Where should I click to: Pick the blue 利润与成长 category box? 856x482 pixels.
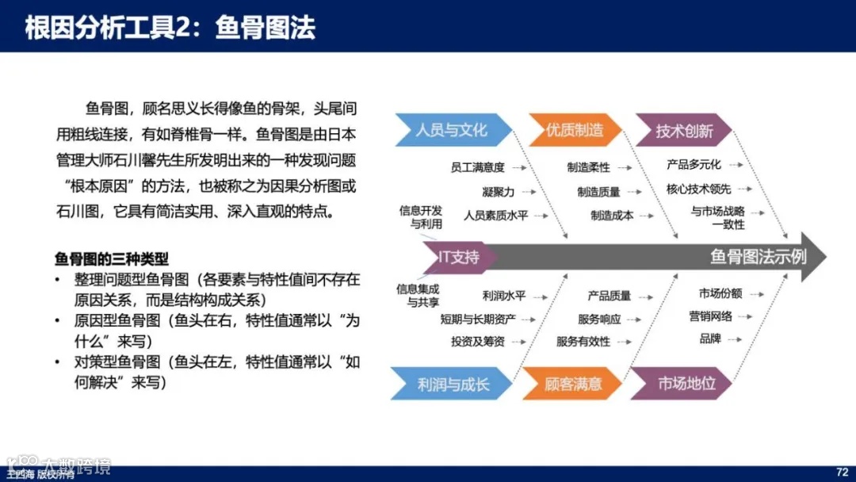click(453, 384)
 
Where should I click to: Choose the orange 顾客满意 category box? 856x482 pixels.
click(572, 384)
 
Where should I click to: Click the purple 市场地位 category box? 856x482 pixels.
click(686, 384)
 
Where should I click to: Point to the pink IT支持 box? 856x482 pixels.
click(460, 257)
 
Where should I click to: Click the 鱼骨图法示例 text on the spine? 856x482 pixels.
click(758, 257)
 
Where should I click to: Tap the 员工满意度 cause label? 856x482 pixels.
click(477, 167)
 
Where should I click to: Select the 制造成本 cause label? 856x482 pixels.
click(612, 215)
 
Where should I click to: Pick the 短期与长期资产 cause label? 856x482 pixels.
click(479, 319)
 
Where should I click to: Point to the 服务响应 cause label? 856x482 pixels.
click(599, 319)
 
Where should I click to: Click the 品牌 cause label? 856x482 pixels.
click(709, 339)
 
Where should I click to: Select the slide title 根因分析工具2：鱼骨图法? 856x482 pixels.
click(170, 28)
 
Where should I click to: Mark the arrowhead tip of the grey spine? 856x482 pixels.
click(825, 257)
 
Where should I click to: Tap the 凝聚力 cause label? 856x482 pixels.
click(498, 191)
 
